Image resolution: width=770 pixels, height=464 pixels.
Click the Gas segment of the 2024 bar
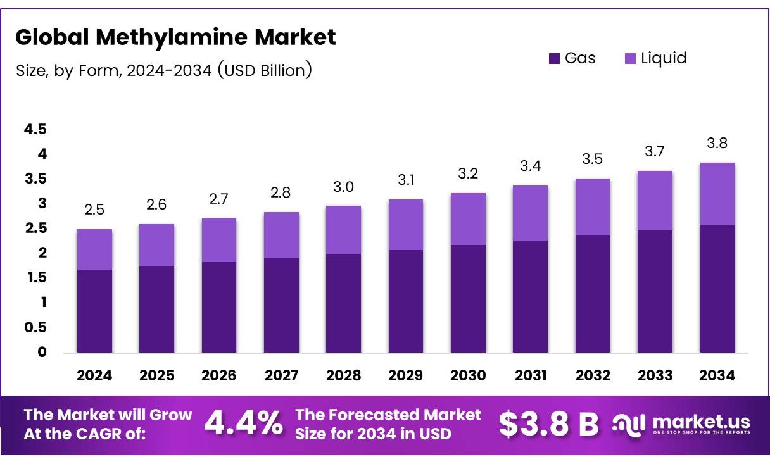tap(94, 311)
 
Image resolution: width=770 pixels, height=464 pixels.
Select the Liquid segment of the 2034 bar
tap(717, 194)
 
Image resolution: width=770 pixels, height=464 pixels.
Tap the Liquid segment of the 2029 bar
tap(406, 225)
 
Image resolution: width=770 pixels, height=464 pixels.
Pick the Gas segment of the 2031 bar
tap(531, 296)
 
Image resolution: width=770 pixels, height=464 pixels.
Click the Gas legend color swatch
tap(554, 59)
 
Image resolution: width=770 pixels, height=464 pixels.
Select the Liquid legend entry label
tap(664, 58)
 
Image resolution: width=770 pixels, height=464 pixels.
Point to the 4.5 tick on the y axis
tap(35, 129)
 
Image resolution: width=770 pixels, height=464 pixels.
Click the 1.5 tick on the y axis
tap(35, 278)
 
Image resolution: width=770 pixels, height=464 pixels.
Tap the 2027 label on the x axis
tap(281, 375)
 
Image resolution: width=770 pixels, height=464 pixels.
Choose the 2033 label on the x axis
tap(655, 375)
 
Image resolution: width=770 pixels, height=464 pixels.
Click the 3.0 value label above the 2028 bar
tap(344, 187)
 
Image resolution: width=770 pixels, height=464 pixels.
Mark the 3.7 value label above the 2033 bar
tap(655, 151)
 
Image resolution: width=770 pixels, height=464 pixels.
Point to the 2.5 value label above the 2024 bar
tap(94, 210)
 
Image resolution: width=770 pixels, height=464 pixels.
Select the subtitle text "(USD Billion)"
tap(265, 70)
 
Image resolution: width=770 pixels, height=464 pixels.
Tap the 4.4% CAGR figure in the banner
tap(244, 424)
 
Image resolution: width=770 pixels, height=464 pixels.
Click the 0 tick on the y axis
tap(42, 353)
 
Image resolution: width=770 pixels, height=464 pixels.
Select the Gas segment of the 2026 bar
tap(219, 307)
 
